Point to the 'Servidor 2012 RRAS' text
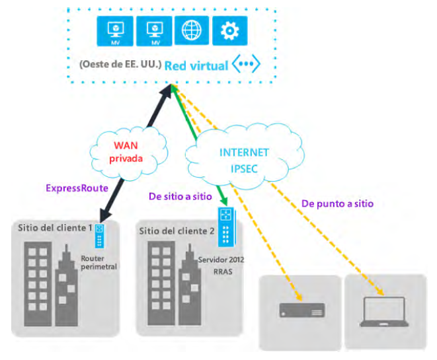[x=221, y=265]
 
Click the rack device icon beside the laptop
[x=301, y=310]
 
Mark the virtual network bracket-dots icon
[x=245, y=65]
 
